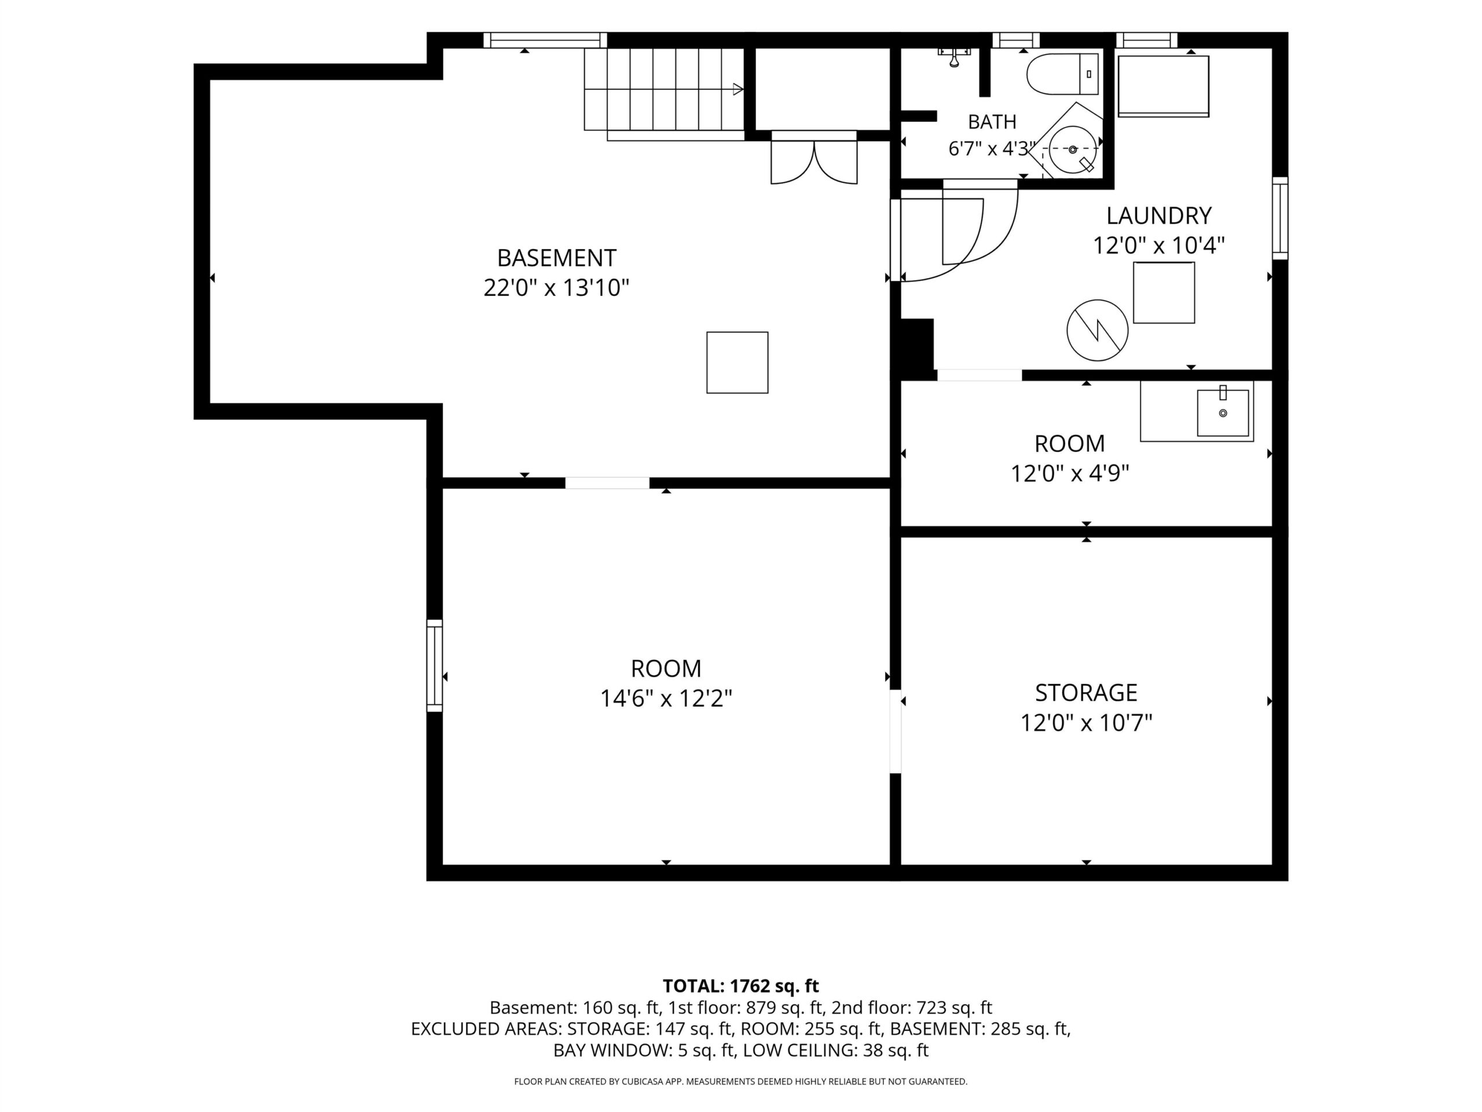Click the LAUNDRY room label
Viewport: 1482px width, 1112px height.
click(x=1158, y=216)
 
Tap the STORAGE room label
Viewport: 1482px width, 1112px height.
click(x=1086, y=693)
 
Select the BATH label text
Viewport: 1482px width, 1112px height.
click(x=992, y=122)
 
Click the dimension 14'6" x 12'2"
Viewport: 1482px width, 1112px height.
click(x=666, y=698)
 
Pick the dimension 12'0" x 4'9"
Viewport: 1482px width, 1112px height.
click(x=1069, y=474)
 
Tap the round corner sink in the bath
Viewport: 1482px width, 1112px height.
click(x=1072, y=149)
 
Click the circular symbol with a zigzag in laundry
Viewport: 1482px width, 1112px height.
click(x=1097, y=330)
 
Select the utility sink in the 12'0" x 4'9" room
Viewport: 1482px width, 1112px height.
click(x=1223, y=412)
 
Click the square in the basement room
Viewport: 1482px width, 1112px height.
click(x=737, y=363)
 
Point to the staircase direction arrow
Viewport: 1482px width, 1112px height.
click(x=738, y=89)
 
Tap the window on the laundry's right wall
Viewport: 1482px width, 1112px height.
click(x=1279, y=218)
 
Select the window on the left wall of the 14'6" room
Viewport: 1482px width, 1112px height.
click(x=435, y=665)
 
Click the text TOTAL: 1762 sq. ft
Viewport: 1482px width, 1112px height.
click(x=740, y=986)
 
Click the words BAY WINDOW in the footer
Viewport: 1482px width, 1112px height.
click(x=611, y=1051)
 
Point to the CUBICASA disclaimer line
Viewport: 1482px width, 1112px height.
click(x=740, y=1082)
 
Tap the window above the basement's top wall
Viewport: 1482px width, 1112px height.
click(x=545, y=40)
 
